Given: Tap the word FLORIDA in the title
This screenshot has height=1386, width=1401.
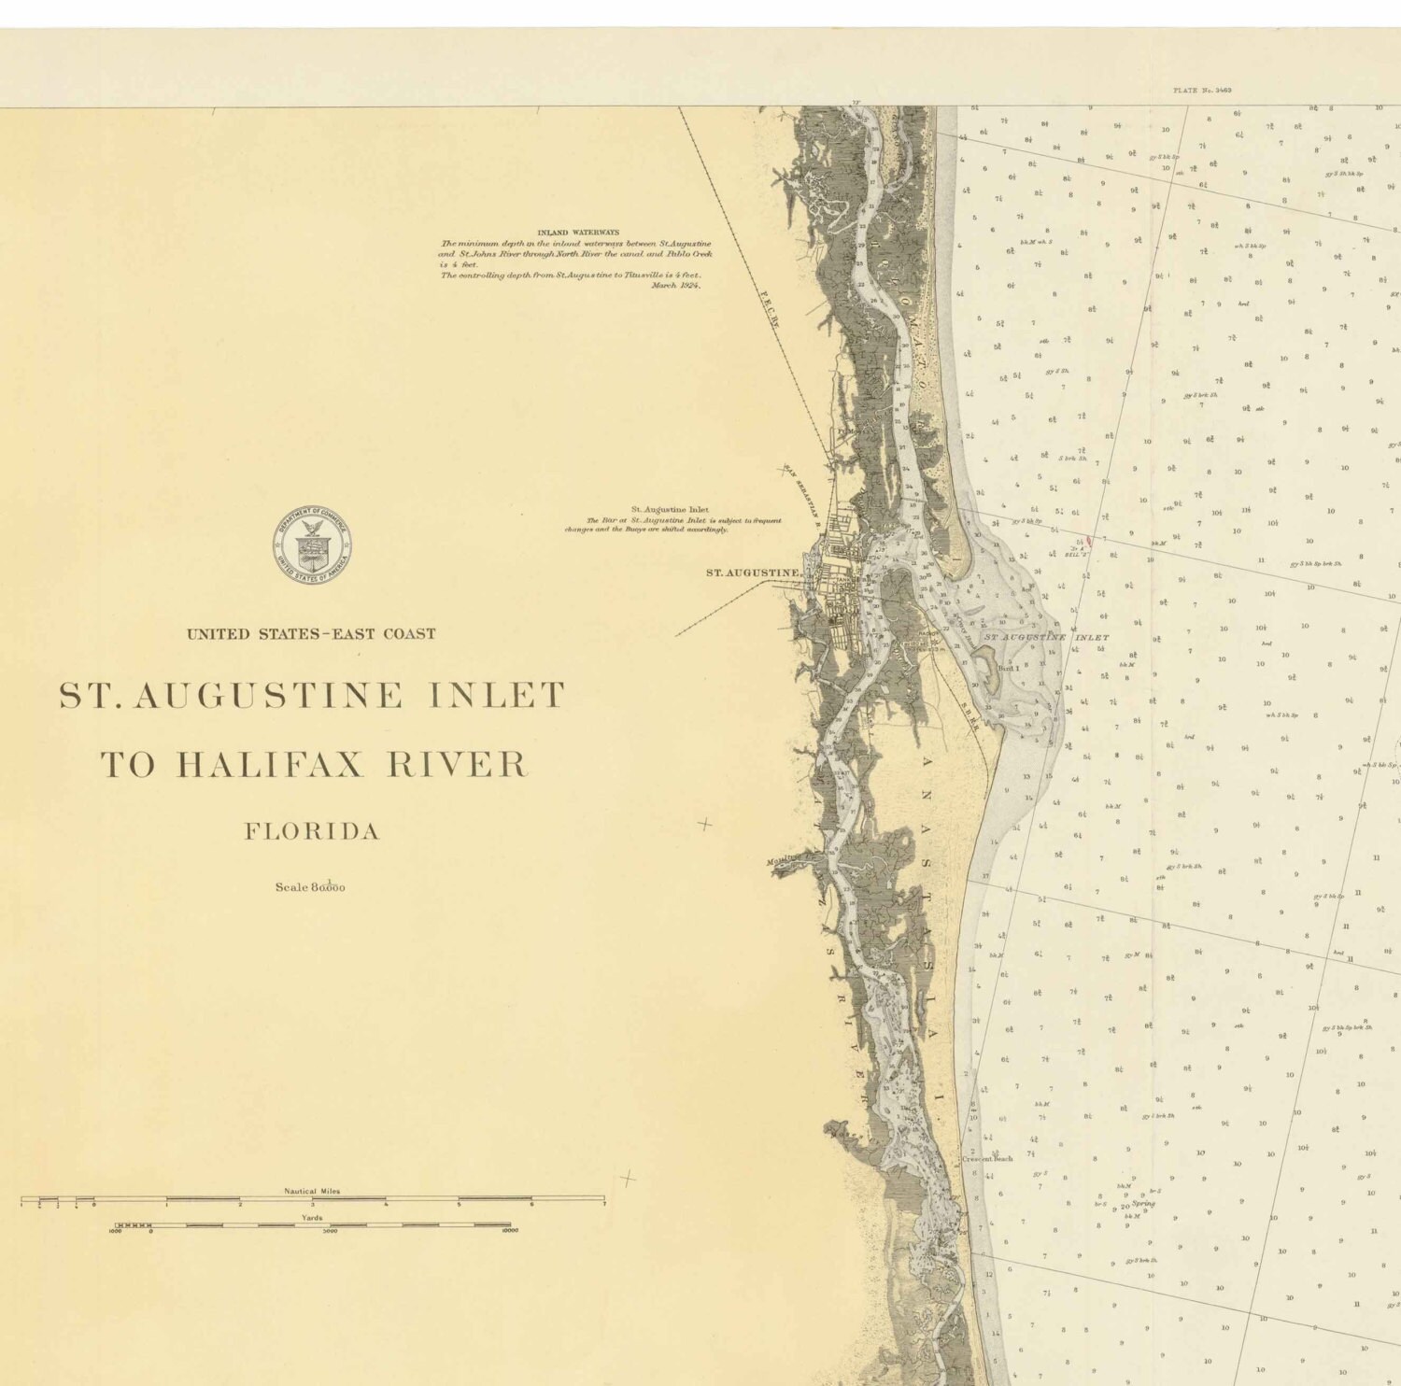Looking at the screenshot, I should click(x=312, y=831).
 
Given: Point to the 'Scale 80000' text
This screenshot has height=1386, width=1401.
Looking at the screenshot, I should click(x=310, y=887).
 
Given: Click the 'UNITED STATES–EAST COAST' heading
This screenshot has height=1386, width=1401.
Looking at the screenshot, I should click(x=311, y=634).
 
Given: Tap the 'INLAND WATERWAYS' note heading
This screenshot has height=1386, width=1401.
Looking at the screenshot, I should click(x=578, y=233).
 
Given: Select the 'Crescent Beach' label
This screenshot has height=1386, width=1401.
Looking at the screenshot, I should click(x=987, y=1159).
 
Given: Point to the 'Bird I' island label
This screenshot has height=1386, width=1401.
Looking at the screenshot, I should click(x=1010, y=669).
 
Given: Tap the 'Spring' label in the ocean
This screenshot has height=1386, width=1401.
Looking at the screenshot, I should click(x=1142, y=1204).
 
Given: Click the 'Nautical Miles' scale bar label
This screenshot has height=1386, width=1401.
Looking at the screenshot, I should click(x=312, y=1191).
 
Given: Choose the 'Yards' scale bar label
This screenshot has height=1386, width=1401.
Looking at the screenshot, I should click(x=312, y=1218).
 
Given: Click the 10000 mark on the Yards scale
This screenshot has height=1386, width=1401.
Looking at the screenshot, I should click(x=509, y=1232).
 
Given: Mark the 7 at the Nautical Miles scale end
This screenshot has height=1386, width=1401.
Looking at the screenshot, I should click(x=603, y=1206).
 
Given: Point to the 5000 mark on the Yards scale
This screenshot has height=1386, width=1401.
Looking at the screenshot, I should click(x=330, y=1232).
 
